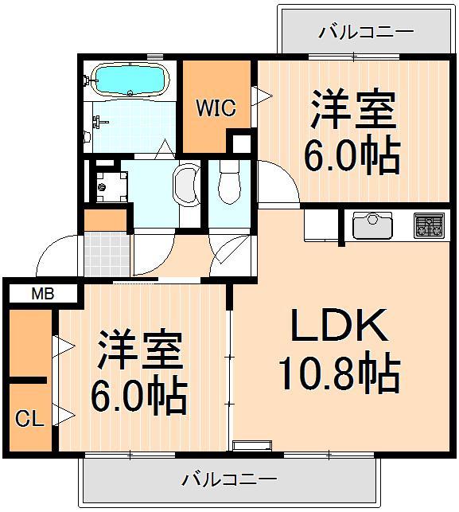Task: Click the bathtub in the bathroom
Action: pyautogui.click(x=130, y=80)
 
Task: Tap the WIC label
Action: pyautogui.click(x=216, y=107)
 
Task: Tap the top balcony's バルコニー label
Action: pyautogui.click(x=366, y=32)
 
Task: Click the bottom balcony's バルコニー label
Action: pyautogui.click(x=229, y=479)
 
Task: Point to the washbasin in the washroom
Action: pyautogui.click(x=188, y=185)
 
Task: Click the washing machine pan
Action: pyautogui.click(x=107, y=184)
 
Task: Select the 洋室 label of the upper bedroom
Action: pyautogui.click(x=352, y=111)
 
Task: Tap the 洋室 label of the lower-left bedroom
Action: pyautogui.click(x=141, y=351)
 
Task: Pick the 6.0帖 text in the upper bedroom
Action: pyautogui.click(x=351, y=156)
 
